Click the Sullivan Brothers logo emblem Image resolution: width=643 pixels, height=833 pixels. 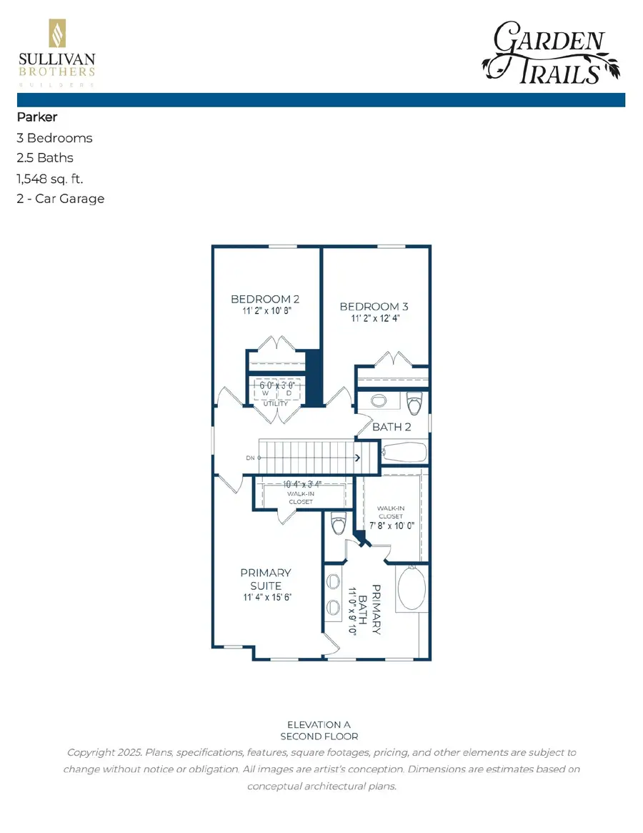[56, 34]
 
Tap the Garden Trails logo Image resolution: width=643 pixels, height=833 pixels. [551, 51]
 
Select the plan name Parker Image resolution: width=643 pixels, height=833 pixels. [36, 117]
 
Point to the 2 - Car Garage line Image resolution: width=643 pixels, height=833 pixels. [60, 198]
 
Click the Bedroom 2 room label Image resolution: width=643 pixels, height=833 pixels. [264, 299]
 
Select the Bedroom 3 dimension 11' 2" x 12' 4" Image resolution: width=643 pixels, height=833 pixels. [374, 319]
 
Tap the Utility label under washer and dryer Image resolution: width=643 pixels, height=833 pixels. [276, 403]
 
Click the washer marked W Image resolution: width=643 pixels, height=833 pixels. [264, 393]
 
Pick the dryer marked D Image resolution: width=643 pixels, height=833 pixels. [289, 393]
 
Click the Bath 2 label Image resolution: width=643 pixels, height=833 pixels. [392, 428]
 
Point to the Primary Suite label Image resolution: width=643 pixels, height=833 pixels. [265, 579]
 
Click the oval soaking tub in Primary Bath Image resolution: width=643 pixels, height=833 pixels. [409, 588]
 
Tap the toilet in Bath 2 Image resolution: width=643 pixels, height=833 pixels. [414, 404]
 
